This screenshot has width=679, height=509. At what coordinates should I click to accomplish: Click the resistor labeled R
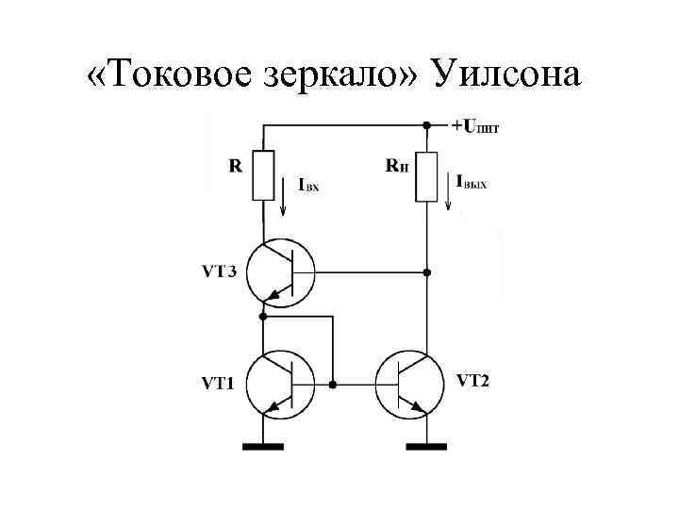(263, 175)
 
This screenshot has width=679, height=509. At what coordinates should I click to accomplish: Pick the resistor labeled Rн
(427, 175)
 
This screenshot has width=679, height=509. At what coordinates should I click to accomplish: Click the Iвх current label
(308, 186)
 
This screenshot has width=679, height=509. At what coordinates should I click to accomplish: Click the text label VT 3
(219, 272)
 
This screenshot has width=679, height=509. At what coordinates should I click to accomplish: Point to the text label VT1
(219, 384)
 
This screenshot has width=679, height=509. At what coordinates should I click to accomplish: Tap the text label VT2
(472, 381)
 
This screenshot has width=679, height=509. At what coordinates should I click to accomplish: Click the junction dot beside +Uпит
(427, 124)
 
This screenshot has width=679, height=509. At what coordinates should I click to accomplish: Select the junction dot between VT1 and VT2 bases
(333, 385)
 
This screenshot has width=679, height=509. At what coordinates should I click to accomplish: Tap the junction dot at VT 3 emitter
(263, 317)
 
